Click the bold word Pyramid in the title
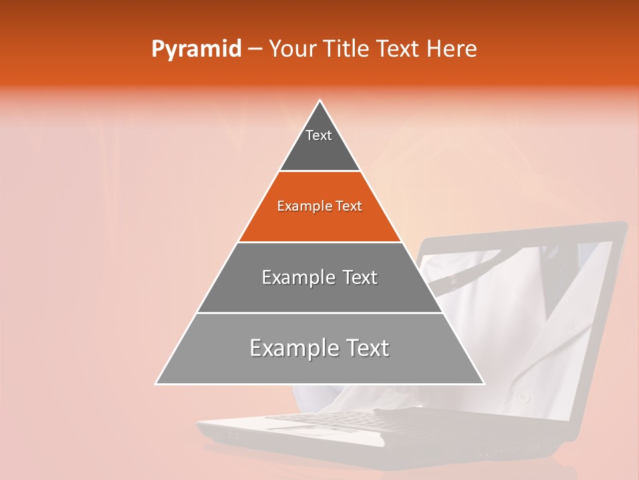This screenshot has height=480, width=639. (x=196, y=49)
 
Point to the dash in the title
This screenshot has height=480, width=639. (x=254, y=49)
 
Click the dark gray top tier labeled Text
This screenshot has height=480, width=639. (x=319, y=150)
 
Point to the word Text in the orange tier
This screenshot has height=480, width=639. (x=347, y=207)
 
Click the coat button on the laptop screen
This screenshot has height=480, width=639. (x=523, y=397)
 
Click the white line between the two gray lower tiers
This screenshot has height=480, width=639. (x=319, y=313)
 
